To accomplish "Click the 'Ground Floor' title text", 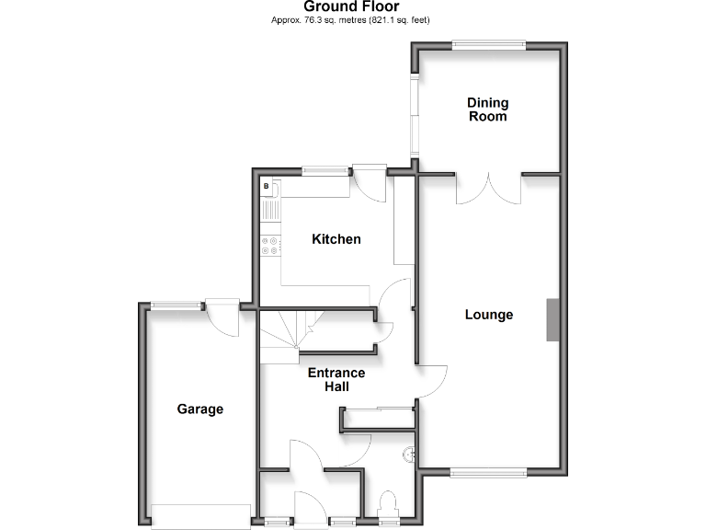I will [x=351, y=6].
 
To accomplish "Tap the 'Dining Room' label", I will [x=487, y=109].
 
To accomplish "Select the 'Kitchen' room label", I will [x=336, y=239].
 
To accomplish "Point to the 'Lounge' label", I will [x=488, y=315].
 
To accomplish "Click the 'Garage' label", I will [x=199, y=409].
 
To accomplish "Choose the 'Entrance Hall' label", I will [x=336, y=380].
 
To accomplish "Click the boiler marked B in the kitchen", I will [x=267, y=187].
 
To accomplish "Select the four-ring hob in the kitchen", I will [x=271, y=245].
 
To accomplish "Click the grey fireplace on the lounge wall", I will [x=552, y=320].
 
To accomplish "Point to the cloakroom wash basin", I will [x=409, y=454].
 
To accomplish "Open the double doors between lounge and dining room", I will [x=488, y=188].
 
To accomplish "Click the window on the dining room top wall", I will [x=488, y=43].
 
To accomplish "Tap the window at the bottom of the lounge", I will [x=488, y=473].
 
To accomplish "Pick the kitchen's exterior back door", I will [x=370, y=184].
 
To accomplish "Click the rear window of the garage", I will [x=177, y=306].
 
